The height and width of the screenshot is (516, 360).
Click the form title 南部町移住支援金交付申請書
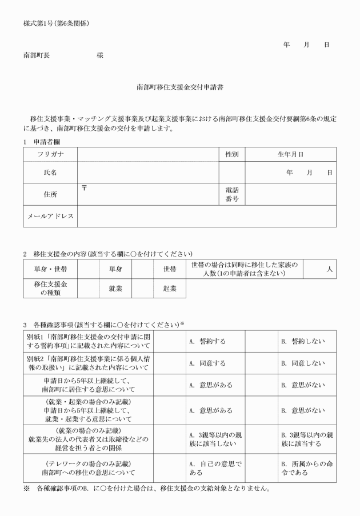(x=180, y=88)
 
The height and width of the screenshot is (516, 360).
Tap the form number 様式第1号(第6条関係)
(x=56, y=23)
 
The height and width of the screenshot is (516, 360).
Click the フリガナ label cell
(x=50, y=154)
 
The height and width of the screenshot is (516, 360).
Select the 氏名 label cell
(x=50, y=172)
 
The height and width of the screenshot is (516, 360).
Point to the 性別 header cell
(x=231, y=154)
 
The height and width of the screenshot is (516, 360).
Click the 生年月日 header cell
(x=290, y=154)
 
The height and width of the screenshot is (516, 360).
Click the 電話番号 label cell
(x=231, y=194)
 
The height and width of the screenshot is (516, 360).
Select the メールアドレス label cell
(x=50, y=217)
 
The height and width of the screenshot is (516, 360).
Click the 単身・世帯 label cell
(x=50, y=269)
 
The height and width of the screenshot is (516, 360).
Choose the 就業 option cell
(x=115, y=289)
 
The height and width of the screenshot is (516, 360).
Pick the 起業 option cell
(x=170, y=289)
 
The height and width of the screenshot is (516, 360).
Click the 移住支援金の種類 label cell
(x=50, y=289)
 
